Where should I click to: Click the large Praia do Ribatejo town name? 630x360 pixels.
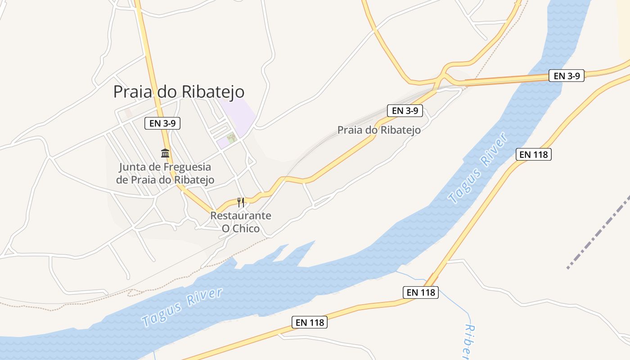pos(179,92)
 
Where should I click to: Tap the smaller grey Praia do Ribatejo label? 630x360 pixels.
pos(379,130)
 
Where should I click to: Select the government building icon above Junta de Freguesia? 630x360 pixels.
pos(165,153)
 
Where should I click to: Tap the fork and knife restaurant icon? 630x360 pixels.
pos(241,202)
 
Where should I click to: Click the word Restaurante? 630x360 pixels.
pos(241,216)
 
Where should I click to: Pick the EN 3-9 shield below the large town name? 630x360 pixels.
pos(162,123)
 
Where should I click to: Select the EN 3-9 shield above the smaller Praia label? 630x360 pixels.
pos(405,110)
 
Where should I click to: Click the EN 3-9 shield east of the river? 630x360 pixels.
pos(567,76)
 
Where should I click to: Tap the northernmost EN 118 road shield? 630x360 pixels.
pos(533,154)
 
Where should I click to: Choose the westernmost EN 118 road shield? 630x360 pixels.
pos(310,322)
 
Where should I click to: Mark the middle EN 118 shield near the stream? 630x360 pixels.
pos(420,292)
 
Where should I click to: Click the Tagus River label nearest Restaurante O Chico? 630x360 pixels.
pos(182,307)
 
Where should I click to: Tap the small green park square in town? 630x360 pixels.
pos(232,138)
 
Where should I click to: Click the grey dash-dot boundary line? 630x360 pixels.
pos(598,232)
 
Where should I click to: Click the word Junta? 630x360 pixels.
pos(132,167)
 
